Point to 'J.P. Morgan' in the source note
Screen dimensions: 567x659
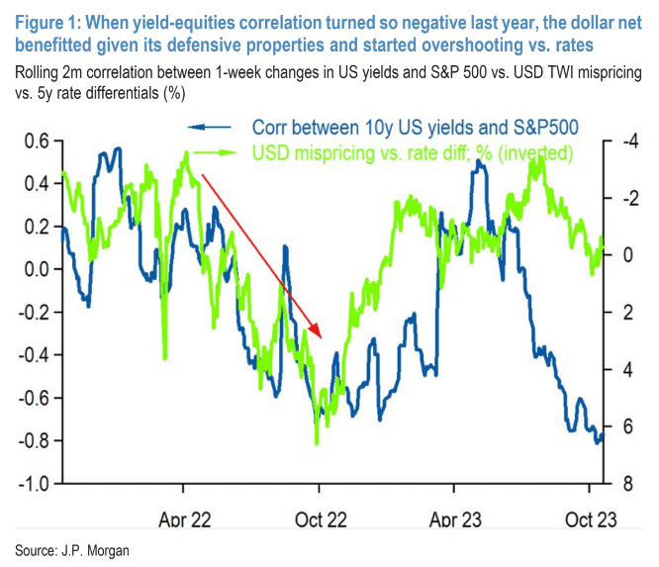coord(96,547)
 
